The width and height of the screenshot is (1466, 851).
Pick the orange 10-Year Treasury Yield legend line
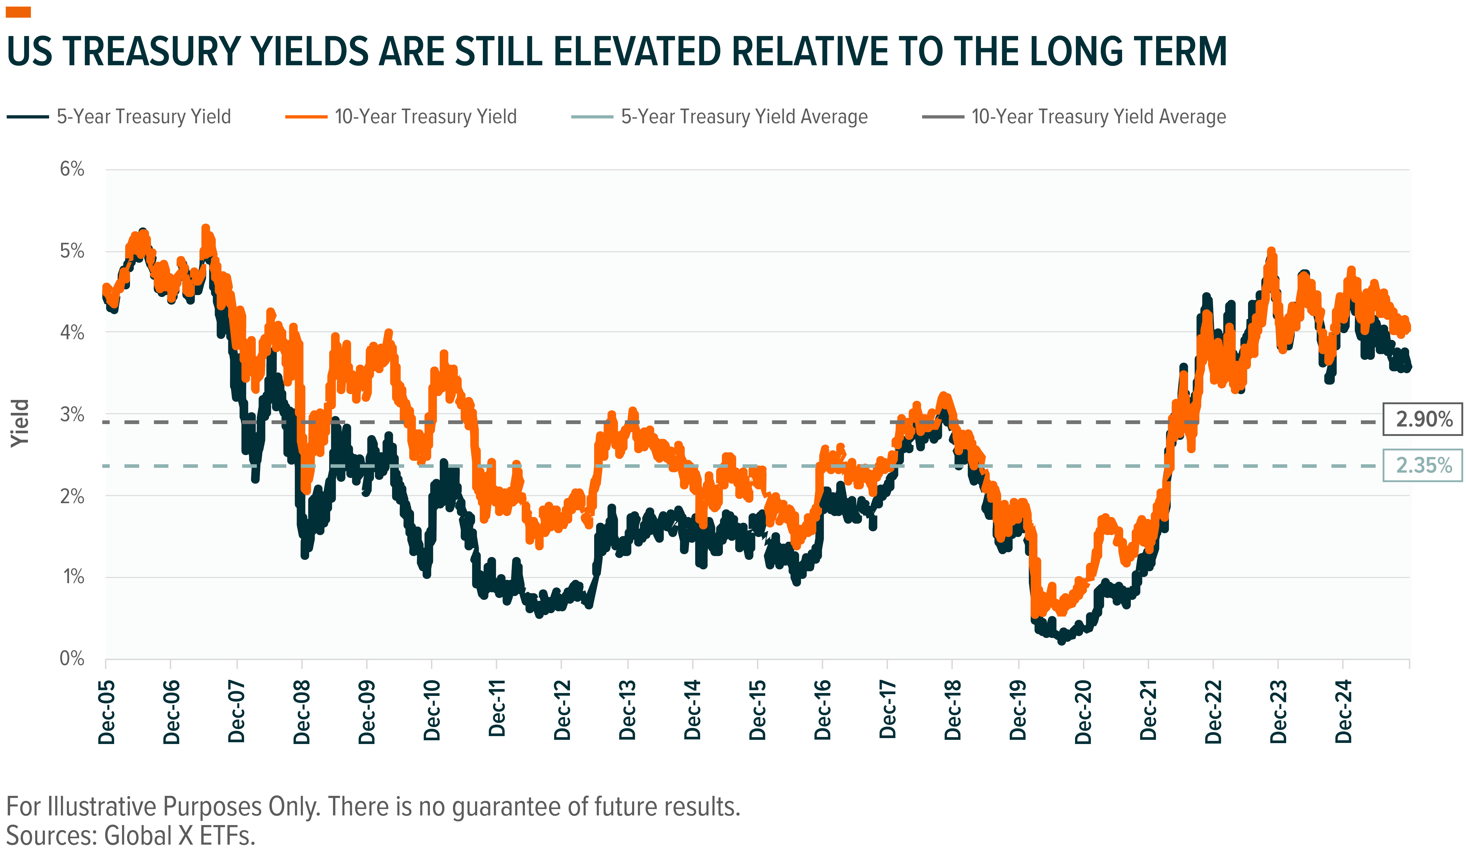point(306,117)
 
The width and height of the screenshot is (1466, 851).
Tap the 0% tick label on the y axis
point(72,659)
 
